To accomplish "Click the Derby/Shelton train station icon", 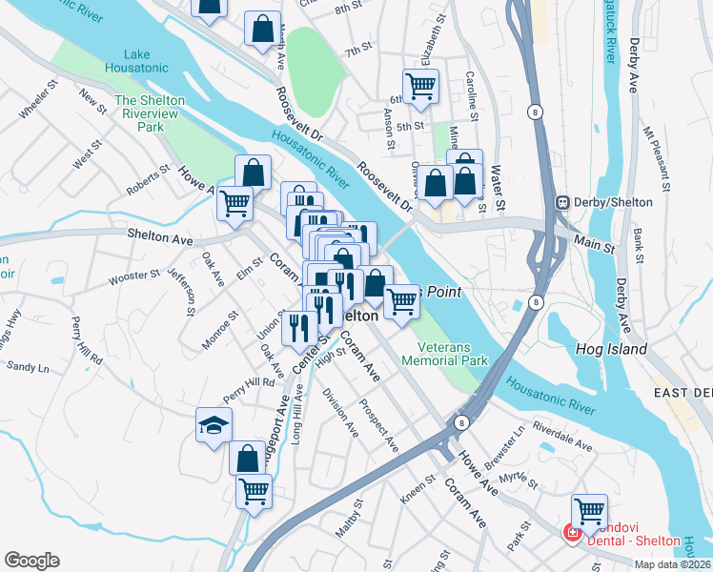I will [563, 202].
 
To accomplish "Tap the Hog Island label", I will [611, 350].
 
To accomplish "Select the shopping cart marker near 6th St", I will [420, 86].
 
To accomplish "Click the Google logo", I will [31, 561].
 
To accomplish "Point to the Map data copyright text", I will [672, 564].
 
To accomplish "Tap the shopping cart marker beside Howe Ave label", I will [234, 202].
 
